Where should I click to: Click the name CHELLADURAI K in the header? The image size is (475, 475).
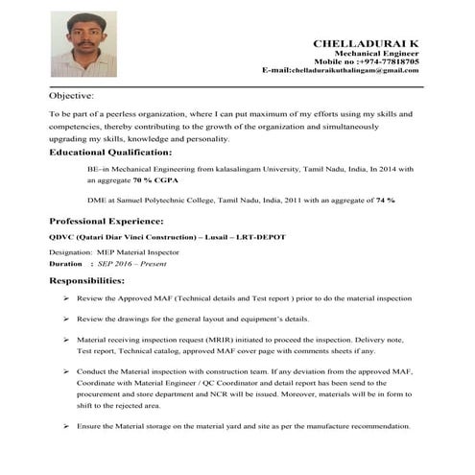pos(366,44)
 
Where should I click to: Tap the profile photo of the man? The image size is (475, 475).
pos(83,44)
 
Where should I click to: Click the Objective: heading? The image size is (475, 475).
pos(71,96)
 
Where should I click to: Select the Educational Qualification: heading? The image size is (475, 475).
pos(109,153)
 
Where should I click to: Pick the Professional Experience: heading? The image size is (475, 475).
pos(107,221)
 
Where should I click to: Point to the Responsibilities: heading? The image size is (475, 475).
pos(86,281)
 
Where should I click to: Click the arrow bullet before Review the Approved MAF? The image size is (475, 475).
pos(63,299)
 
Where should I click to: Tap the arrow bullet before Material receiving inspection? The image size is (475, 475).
pos(63,340)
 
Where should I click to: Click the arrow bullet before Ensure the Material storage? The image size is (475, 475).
pos(63,425)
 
